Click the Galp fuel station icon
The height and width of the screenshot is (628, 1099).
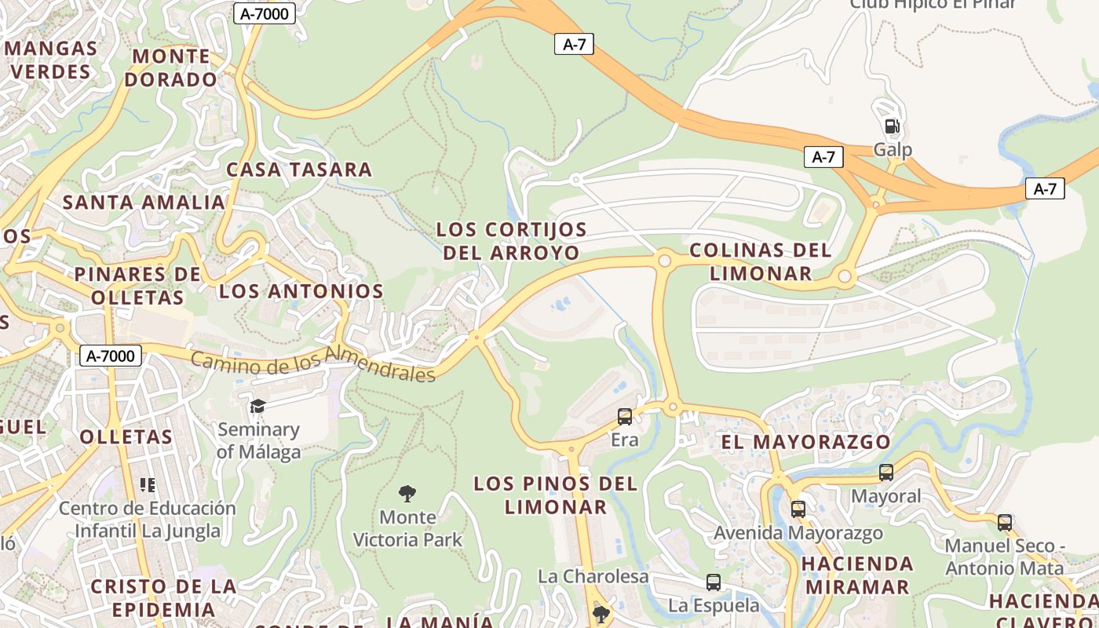tap(893, 126)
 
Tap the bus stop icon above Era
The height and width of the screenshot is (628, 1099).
tap(625, 417)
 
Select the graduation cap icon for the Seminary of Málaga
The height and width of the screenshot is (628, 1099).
tap(257, 406)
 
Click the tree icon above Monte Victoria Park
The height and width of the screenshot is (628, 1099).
tap(407, 494)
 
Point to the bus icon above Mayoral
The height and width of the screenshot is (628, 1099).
tap(886, 473)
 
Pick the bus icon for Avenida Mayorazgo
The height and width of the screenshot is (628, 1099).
tap(798, 509)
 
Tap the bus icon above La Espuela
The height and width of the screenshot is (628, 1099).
tap(714, 582)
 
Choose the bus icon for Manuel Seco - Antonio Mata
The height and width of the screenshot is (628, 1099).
tap(1005, 522)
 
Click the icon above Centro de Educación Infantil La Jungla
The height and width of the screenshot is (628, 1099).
tap(148, 485)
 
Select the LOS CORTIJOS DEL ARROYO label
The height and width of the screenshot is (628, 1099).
tap(512, 241)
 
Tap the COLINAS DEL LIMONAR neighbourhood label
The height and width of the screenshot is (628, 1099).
tap(761, 261)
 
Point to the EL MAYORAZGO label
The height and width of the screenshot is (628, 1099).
tap(805, 442)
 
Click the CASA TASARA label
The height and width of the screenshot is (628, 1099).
tap(299, 170)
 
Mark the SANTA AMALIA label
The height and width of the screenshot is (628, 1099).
tap(144, 202)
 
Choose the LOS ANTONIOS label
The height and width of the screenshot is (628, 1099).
tap(301, 291)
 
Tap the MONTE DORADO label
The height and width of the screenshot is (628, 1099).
tap(170, 68)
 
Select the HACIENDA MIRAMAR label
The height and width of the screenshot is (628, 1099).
tap(857, 575)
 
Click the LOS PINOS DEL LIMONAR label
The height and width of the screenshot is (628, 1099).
tap(556, 495)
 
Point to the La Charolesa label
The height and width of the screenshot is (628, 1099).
tap(593, 576)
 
